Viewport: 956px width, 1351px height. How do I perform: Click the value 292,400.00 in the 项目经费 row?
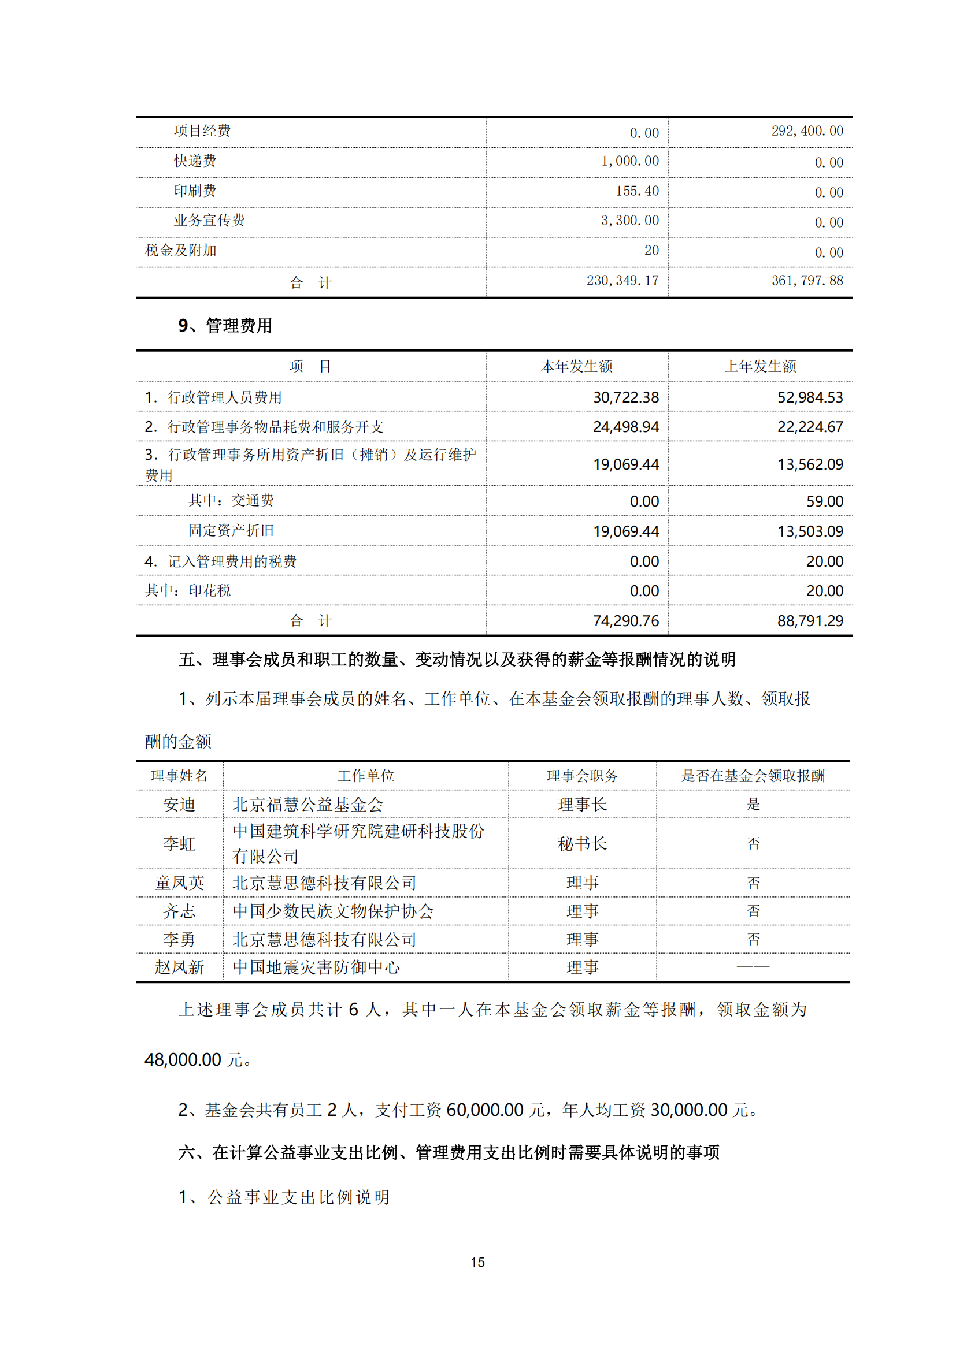click(807, 131)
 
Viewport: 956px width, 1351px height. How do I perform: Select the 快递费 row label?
click(195, 161)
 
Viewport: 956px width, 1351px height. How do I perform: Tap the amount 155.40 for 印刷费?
click(637, 191)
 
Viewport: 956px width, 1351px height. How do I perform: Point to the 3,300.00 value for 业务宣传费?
click(629, 221)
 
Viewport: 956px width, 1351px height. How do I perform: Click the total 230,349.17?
click(622, 281)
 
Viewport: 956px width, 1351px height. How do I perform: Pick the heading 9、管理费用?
click(225, 325)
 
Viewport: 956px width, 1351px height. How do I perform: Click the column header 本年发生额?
click(576, 367)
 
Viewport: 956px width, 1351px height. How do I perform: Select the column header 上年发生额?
click(760, 367)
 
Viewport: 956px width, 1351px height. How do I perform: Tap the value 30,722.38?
click(626, 398)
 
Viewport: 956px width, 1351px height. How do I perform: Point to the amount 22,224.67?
click(810, 427)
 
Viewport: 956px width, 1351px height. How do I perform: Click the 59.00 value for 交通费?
click(825, 501)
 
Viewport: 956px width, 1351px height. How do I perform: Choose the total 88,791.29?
click(810, 621)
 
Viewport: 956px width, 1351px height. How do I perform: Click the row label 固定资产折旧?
click(231, 531)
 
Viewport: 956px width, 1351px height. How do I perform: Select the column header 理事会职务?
click(582, 776)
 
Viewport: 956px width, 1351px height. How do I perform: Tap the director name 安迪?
click(179, 805)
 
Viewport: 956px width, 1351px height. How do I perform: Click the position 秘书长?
click(582, 844)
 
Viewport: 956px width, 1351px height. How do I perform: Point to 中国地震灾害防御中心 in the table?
click(316, 967)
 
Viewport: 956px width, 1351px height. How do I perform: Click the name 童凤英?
click(179, 883)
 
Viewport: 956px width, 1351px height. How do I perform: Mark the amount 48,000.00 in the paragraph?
click(183, 1060)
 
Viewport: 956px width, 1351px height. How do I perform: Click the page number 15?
click(477, 1262)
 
